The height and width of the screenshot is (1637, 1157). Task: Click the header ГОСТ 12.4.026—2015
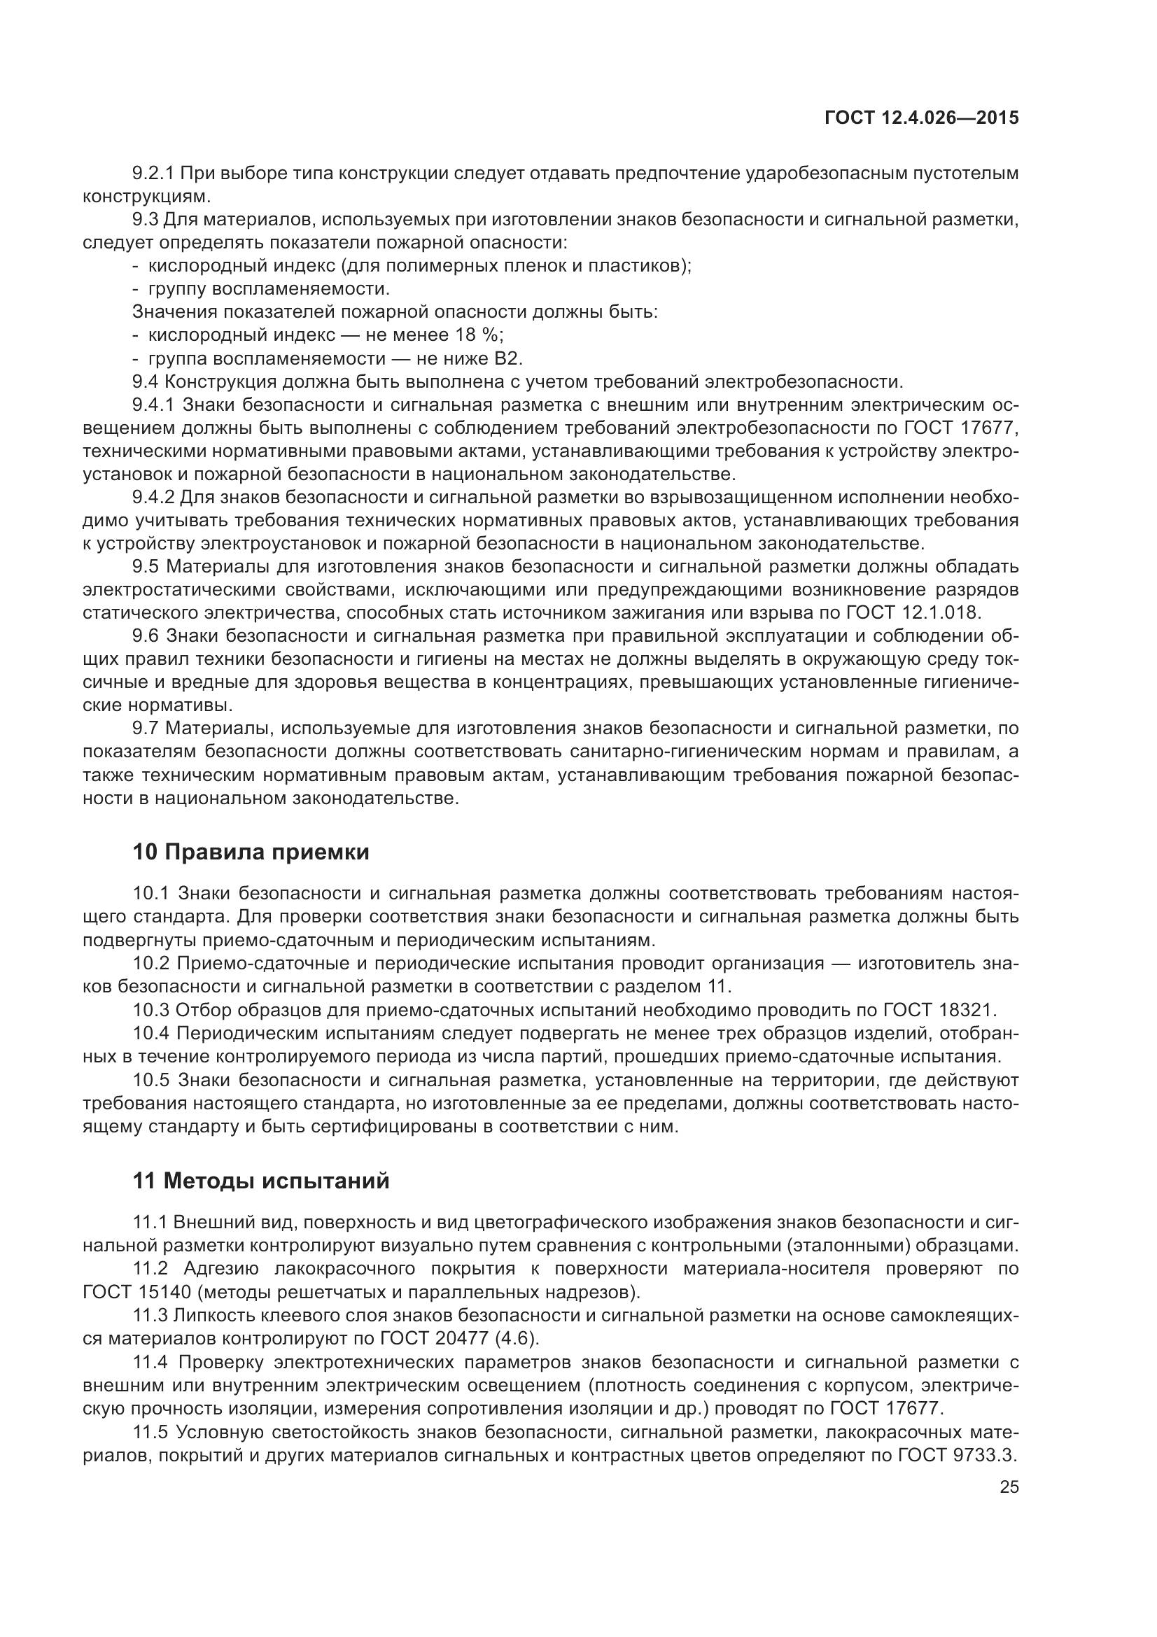point(921,118)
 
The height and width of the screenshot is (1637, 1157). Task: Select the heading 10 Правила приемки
point(251,852)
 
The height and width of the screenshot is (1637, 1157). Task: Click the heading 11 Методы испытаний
point(261,1181)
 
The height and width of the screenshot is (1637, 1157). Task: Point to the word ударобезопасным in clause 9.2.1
point(825,174)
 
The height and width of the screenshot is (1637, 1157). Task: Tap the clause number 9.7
point(146,728)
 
